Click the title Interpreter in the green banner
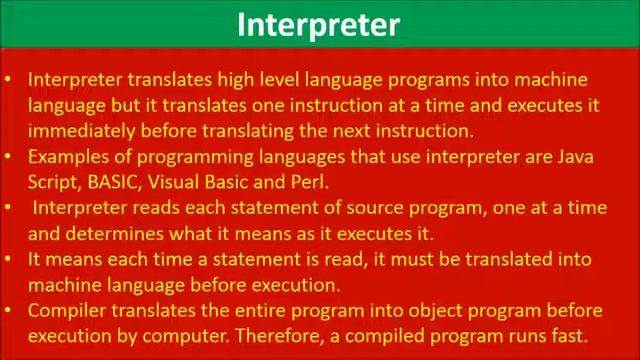pyautogui.click(x=318, y=25)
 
